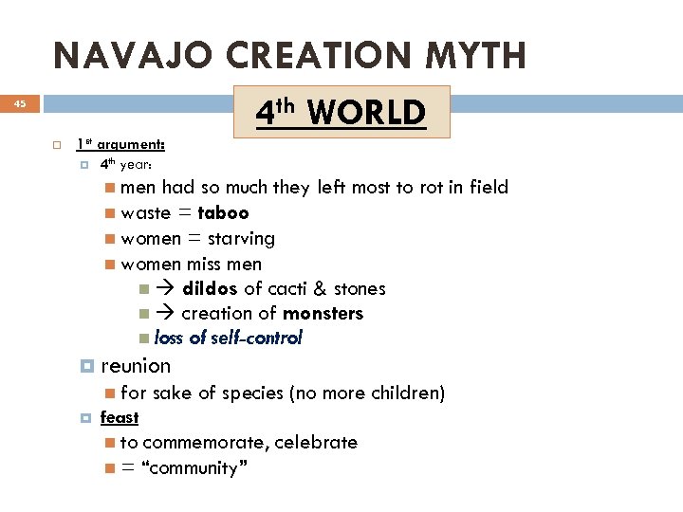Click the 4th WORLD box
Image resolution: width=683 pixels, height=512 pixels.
tap(341, 113)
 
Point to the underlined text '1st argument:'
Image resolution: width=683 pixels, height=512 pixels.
tap(120, 144)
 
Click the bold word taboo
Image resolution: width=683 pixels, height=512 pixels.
tap(223, 213)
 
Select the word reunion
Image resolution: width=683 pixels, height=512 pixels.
tap(136, 366)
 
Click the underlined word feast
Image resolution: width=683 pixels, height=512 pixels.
tap(120, 417)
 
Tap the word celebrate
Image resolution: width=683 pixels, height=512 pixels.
tap(315, 443)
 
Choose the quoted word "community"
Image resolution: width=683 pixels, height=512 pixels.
tap(194, 467)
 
